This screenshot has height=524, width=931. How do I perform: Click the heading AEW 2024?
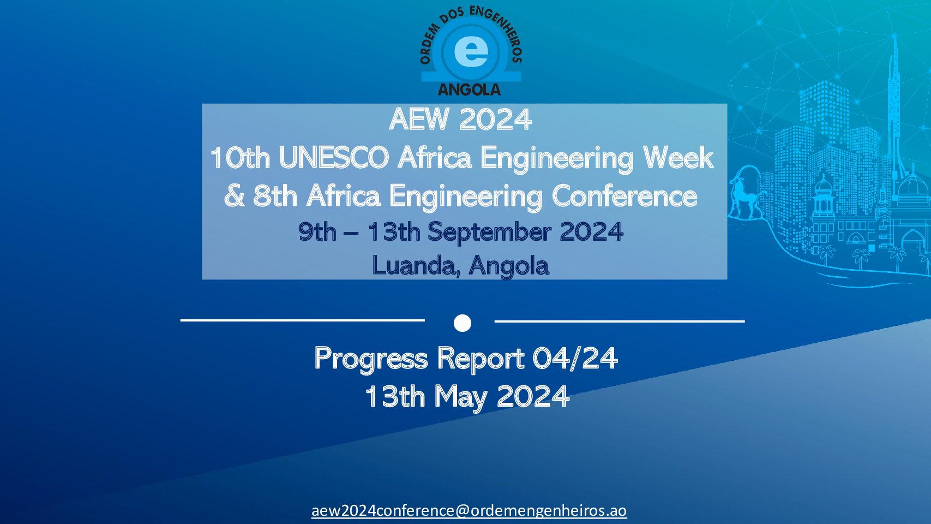[460, 120]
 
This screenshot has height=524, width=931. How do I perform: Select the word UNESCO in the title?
[334, 158]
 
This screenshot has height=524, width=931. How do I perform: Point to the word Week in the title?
[678, 158]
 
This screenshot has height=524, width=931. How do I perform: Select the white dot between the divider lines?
[462, 323]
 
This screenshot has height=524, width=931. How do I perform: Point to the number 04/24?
[575, 358]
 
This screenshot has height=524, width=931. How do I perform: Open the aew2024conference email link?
[469, 510]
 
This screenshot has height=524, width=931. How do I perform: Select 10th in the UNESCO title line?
[240, 158]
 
